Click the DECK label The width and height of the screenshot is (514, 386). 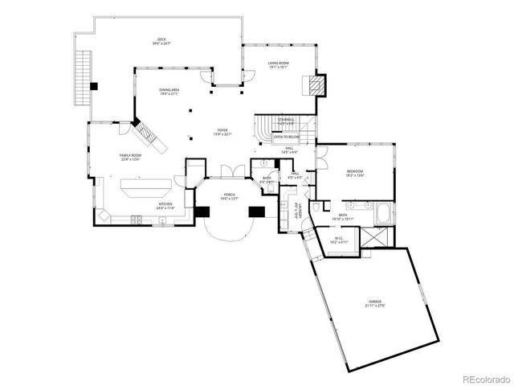(x=161, y=41)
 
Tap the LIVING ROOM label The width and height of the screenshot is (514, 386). (x=278, y=64)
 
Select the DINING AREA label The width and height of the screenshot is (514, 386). (x=169, y=91)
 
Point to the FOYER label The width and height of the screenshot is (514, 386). (x=222, y=131)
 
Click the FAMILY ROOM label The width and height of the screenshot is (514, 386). (x=130, y=156)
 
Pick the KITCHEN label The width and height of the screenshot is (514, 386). (x=165, y=205)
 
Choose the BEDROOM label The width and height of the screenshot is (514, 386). (x=355, y=172)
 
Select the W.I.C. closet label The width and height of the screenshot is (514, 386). (x=338, y=238)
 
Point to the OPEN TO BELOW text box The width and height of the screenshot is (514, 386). (x=284, y=138)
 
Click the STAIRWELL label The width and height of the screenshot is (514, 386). (x=286, y=121)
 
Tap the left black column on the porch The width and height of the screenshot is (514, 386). (x=202, y=212)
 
